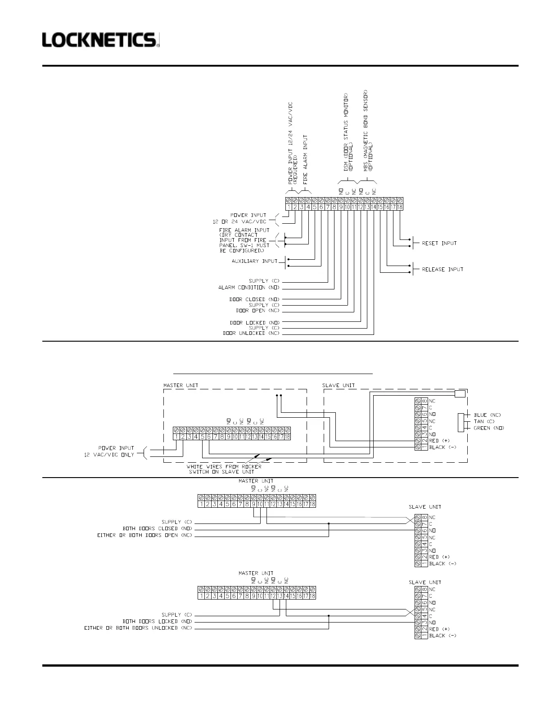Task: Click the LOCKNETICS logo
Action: [x=101, y=40]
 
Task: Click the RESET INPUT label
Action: [x=439, y=244]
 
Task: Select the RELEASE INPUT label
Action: [x=442, y=270]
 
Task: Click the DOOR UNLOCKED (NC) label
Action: [x=251, y=334]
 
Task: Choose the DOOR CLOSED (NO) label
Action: [x=254, y=299]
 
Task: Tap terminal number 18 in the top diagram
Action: [x=400, y=207]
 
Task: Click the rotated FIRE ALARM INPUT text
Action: [x=306, y=159]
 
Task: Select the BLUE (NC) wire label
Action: [x=487, y=415]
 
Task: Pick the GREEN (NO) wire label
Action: [x=489, y=428]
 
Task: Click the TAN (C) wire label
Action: [x=484, y=422]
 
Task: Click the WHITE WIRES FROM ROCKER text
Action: [x=224, y=467]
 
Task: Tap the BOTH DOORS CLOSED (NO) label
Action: [x=157, y=529]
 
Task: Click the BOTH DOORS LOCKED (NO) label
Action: [x=157, y=622]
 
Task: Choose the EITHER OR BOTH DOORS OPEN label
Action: [x=145, y=536]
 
